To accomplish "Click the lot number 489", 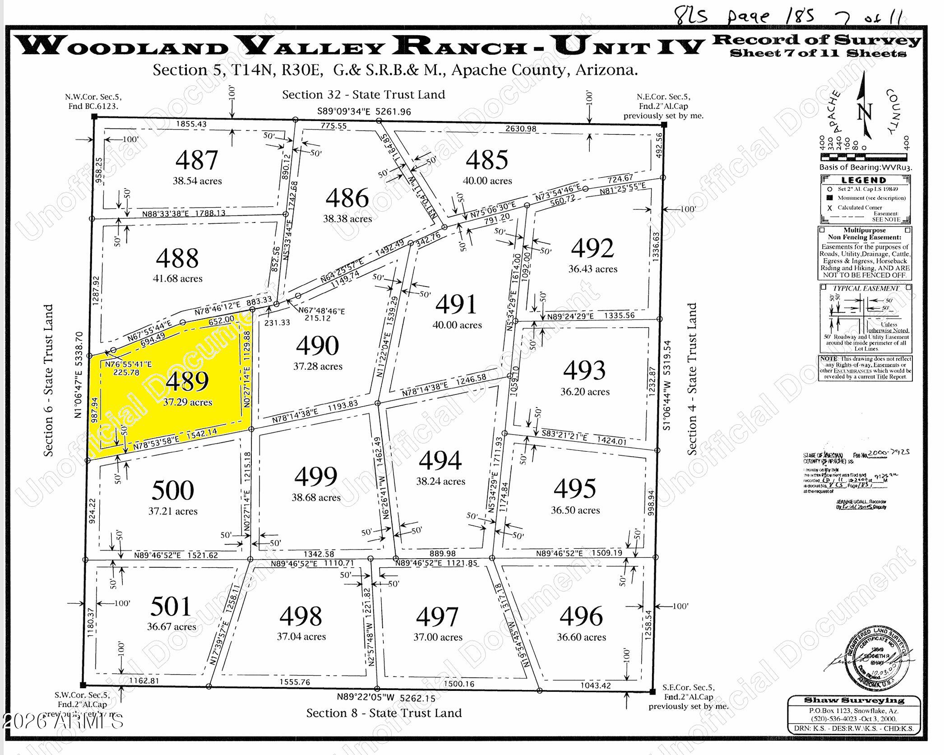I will (187, 381).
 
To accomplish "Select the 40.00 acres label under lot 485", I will (487, 181).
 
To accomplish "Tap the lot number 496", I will (581, 616).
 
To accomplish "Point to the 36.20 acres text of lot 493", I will (585, 392).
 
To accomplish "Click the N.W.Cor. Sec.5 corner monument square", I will (94, 116).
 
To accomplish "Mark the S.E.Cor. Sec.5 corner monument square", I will (652, 691).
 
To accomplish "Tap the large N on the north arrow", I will (865, 111).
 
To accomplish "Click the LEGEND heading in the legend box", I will (864, 180).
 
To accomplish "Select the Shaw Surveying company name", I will (854, 700).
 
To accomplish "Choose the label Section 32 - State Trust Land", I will (364, 95).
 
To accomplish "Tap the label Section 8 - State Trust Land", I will (384, 713).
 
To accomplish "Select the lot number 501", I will (171, 606).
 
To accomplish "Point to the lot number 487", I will (197, 160).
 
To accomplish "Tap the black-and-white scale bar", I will (863, 157).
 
